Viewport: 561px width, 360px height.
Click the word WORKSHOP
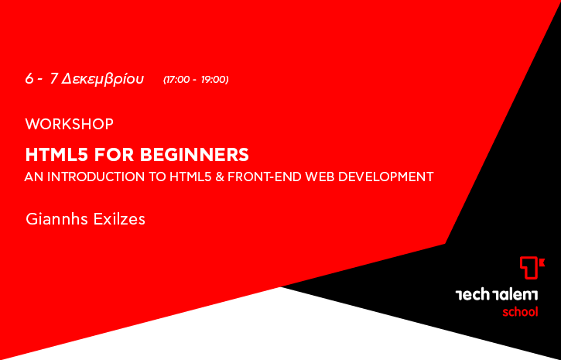pos(70,124)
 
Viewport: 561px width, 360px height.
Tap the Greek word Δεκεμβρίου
pos(102,79)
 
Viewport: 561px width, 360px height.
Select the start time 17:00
pos(177,80)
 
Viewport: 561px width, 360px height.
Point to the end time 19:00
pos(214,80)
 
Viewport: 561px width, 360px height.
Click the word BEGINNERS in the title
pos(194,155)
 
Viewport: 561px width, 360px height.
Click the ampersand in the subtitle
pos(220,177)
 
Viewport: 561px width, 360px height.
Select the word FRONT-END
pos(265,177)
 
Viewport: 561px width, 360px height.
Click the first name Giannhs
pos(57,219)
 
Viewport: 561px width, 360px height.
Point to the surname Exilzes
pos(119,219)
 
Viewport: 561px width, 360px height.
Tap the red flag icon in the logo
pos(532,267)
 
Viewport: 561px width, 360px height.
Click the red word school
pos(520,312)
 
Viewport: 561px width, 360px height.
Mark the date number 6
pos(29,79)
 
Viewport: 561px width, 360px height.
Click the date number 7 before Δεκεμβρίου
pos(54,79)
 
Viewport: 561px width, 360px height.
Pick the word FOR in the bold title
pos(114,155)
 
